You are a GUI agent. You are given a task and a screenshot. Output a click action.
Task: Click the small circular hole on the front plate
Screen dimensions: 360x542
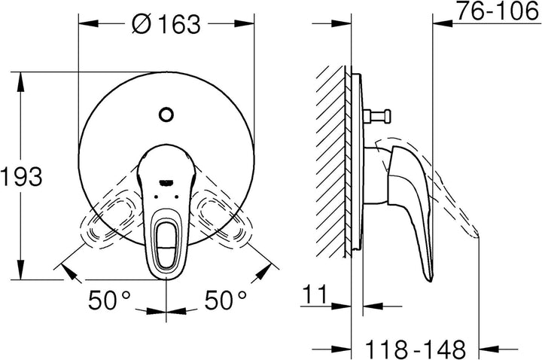(166, 115)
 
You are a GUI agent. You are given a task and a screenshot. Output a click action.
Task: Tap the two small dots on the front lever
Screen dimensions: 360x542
(166, 196)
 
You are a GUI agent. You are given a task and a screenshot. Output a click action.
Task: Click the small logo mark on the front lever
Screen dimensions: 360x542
(166, 181)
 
